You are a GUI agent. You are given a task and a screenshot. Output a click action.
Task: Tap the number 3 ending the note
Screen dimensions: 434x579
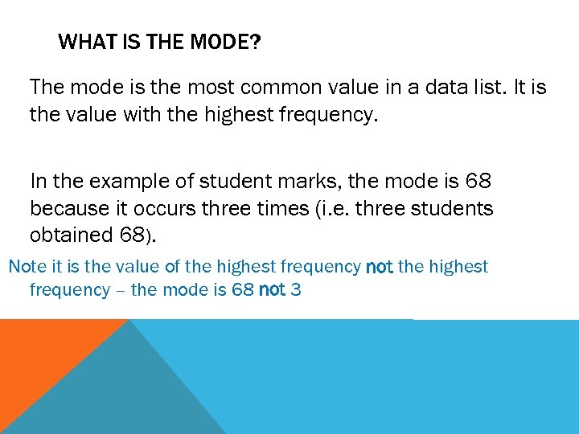coord(296,290)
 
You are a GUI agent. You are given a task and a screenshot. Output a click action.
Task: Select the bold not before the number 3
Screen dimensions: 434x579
coord(272,290)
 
